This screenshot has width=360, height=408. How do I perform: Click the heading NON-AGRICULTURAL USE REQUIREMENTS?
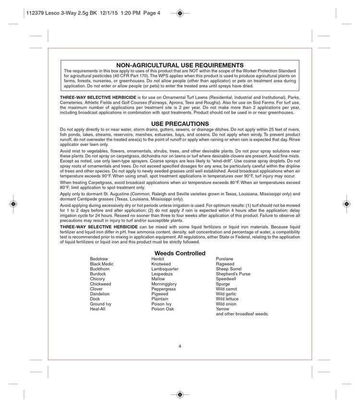pos(180,65)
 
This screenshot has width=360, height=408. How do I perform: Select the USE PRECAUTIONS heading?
pos(180,123)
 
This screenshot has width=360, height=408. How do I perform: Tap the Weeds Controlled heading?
pos(180,253)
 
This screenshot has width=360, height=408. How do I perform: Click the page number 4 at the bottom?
pos(180,346)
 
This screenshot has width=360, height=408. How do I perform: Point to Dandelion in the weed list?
pos(100,294)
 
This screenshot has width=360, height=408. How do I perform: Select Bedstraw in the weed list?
pos(99,259)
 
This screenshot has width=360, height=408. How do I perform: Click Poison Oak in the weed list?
pos(162,309)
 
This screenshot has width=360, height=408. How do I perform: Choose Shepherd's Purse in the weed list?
pos(233,274)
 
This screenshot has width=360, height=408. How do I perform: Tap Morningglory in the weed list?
pos(164,284)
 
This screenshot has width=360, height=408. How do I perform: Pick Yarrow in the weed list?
pos(223,309)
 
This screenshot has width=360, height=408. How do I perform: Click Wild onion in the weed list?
pos(226,304)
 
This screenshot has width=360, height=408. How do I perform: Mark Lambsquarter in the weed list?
pos(165,269)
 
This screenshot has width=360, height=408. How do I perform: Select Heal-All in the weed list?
pos(98,309)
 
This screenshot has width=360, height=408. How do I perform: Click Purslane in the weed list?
pos(225,259)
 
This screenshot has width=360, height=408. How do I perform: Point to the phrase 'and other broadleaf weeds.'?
pos(242,314)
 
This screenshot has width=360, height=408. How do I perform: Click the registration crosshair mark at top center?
pos(180,13)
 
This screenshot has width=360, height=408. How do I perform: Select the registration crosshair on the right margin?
pos(347,204)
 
